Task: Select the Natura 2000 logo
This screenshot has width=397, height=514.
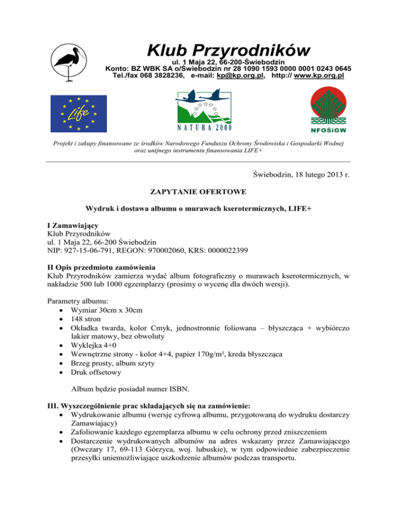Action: click(203, 109)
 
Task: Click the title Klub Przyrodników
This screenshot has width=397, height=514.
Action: click(228, 51)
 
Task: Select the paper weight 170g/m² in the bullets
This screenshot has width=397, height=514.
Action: click(224, 360)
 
